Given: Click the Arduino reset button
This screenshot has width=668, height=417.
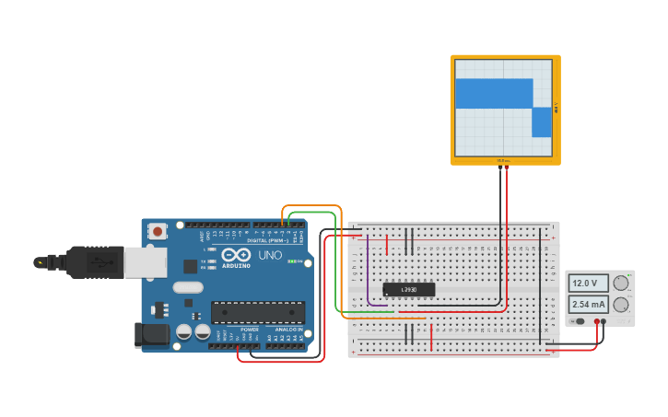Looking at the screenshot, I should pos(158,231).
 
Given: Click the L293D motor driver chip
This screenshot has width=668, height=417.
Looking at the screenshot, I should pos(408,290).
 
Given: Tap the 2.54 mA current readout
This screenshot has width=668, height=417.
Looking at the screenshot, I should pos(587,304).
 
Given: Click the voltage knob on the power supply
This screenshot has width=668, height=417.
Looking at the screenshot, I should pos(621,283).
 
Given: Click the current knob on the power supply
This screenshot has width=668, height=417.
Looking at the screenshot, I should pos(621,305).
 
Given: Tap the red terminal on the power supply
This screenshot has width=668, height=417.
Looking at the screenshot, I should pos(604,321).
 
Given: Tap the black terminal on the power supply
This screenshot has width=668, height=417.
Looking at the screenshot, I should pos(597,321).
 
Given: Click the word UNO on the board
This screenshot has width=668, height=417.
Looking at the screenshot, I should pos(270,255).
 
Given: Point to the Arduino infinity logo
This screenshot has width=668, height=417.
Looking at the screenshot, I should pos(235,255).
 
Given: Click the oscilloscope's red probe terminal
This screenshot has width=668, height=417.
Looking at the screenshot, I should pos(507,167).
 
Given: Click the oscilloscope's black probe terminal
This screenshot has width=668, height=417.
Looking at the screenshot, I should pos(500,167).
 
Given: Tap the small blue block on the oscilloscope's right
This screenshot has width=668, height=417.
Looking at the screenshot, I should pos(542,122).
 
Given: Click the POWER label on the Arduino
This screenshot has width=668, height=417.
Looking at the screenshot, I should pos(250,330).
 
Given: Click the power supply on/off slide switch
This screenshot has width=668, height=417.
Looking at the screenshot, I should pos(579,321).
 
